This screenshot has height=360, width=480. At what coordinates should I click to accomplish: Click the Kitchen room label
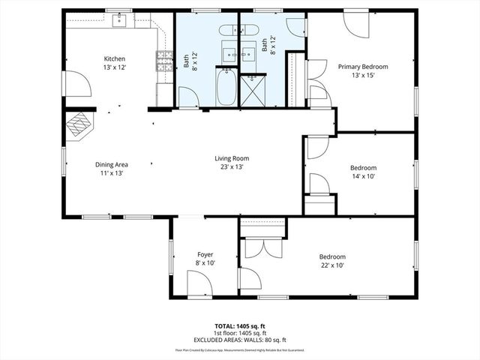114,58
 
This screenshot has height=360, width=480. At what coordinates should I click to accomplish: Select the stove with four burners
161,60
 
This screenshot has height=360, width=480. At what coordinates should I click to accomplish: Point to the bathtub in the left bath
226,88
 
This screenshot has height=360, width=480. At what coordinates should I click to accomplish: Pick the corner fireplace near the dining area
79,125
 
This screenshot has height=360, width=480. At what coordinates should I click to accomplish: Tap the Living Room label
232,158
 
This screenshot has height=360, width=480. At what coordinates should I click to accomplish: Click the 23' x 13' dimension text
232,167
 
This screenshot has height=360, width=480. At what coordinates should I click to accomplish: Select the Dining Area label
111,165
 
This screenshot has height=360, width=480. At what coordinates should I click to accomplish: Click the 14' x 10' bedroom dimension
363,176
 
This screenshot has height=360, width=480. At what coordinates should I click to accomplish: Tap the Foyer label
205,255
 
